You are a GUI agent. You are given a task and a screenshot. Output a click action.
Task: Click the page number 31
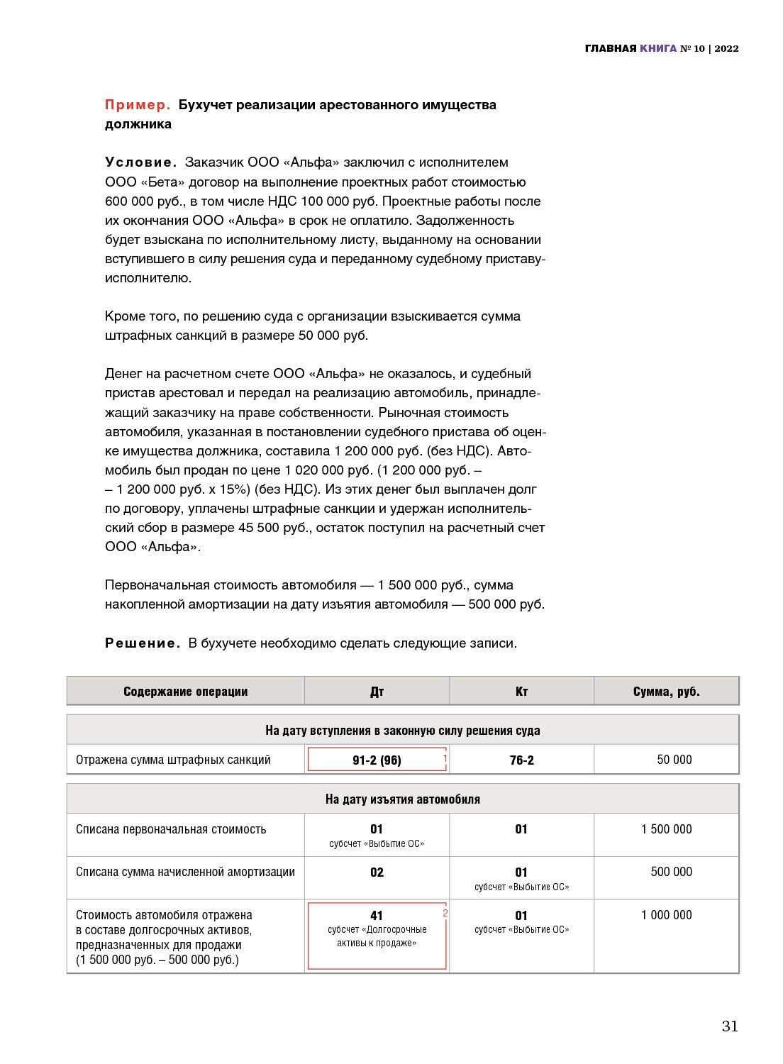(x=730, y=1026)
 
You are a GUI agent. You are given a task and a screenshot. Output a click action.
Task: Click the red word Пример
(x=138, y=105)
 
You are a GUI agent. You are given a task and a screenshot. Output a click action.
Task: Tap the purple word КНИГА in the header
(x=658, y=48)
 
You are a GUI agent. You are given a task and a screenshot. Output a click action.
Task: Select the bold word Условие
(x=140, y=162)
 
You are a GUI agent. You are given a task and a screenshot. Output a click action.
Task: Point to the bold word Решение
(x=143, y=643)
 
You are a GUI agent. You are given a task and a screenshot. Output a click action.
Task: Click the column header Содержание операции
(x=186, y=692)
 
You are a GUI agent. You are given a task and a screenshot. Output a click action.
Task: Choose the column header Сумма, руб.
(x=666, y=692)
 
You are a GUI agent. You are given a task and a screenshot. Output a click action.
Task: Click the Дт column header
(x=377, y=692)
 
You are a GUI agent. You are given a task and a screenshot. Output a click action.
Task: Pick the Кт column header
(x=522, y=692)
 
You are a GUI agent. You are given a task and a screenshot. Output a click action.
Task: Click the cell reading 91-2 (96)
(x=377, y=760)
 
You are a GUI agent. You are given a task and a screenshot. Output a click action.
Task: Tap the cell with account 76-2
(x=522, y=760)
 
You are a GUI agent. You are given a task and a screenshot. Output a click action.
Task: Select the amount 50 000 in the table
(x=674, y=760)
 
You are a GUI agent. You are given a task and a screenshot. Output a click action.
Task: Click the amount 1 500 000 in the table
(x=666, y=829)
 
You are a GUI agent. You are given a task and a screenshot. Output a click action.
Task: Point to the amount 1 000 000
(x=666, y=915)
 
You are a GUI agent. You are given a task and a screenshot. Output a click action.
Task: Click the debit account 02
(x=377, y=872)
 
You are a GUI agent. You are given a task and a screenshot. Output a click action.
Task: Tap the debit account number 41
(x=377, y=916)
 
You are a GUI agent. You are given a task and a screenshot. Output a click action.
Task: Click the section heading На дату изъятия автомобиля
(x=403, y=799)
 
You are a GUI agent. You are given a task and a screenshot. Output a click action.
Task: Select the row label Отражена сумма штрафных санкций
(x=173, y=760)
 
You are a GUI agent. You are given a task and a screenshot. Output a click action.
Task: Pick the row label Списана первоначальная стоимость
(x=171, y=829)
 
